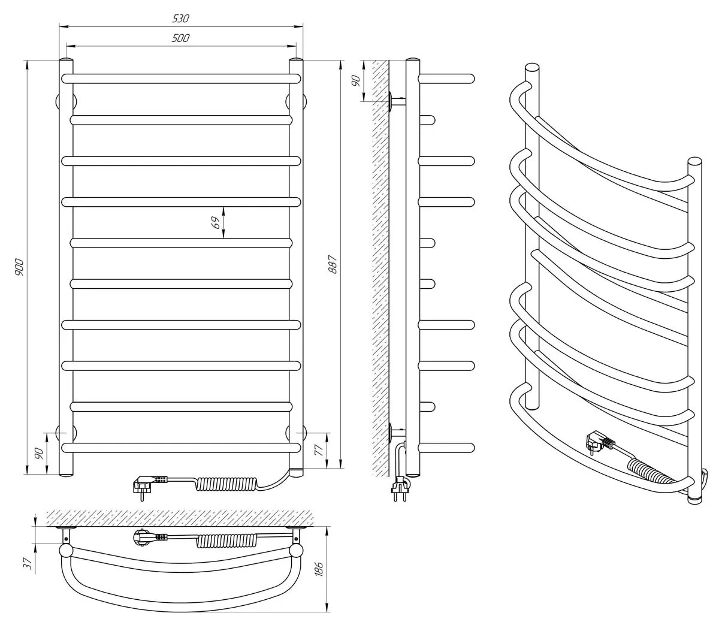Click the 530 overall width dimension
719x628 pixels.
180,19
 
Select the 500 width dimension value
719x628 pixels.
180,38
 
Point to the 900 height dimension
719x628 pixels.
19,267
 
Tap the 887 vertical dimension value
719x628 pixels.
333,264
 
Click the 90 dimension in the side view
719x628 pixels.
355,80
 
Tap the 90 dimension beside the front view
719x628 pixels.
39,453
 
